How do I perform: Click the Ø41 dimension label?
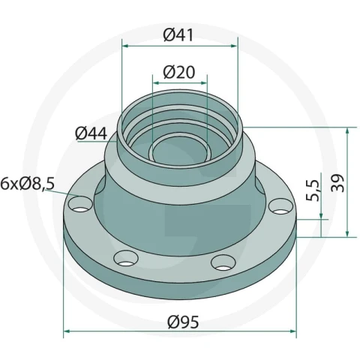click(178, 35)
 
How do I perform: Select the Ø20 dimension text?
click(179, 72)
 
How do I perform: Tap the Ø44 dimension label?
click(91, 133)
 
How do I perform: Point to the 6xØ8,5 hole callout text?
click(28, 184)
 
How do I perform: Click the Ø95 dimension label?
click(183, 322)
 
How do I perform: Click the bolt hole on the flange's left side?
click(80, 204)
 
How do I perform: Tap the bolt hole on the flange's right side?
click(280, 206)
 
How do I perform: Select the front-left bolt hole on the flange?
click(126, 258)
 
